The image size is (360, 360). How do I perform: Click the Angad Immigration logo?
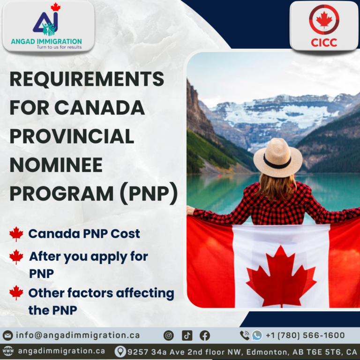click(x=46, y=27)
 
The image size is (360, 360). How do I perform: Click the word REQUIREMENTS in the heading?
click(x=87, y=79)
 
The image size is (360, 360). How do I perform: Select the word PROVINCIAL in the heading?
click(x=72, y=137)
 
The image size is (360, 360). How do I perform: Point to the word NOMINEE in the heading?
click(x=57, y=166)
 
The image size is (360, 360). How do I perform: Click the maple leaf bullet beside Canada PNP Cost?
click(x=16, y=234)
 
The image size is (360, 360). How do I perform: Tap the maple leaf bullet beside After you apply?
click(x=16, y=257)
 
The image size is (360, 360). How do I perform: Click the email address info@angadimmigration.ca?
click(x=78, y=335)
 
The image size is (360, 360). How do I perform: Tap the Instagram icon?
click(x=169, y=335)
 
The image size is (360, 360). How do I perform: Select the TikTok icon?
click(x=187, y=335)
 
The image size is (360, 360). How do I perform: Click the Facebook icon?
click(x=204, y=335)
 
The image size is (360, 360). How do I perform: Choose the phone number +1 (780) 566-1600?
click(x=305, y=335)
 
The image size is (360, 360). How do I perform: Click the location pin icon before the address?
click(x=120, y=351)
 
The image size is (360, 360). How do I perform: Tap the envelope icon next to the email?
click(x=7, y=336)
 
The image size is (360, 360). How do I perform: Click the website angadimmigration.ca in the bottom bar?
click(x=61, y=351)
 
